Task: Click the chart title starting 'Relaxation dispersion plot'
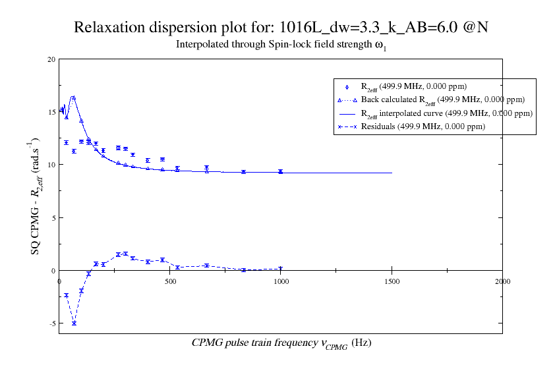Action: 281,28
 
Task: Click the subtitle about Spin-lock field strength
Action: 281,46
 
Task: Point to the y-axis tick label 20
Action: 51,59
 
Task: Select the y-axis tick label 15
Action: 51,112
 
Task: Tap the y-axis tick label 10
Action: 51,165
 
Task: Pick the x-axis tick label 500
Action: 170,281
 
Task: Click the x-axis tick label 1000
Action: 281,281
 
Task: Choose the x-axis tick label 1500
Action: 392,281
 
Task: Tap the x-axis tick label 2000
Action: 502,281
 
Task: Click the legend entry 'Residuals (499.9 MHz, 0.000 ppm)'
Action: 423,126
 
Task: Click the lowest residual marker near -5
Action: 74,323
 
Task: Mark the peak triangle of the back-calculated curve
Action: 73,98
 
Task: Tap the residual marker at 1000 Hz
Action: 281,269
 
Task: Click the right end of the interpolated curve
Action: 392,173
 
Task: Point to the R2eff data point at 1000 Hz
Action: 281,171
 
